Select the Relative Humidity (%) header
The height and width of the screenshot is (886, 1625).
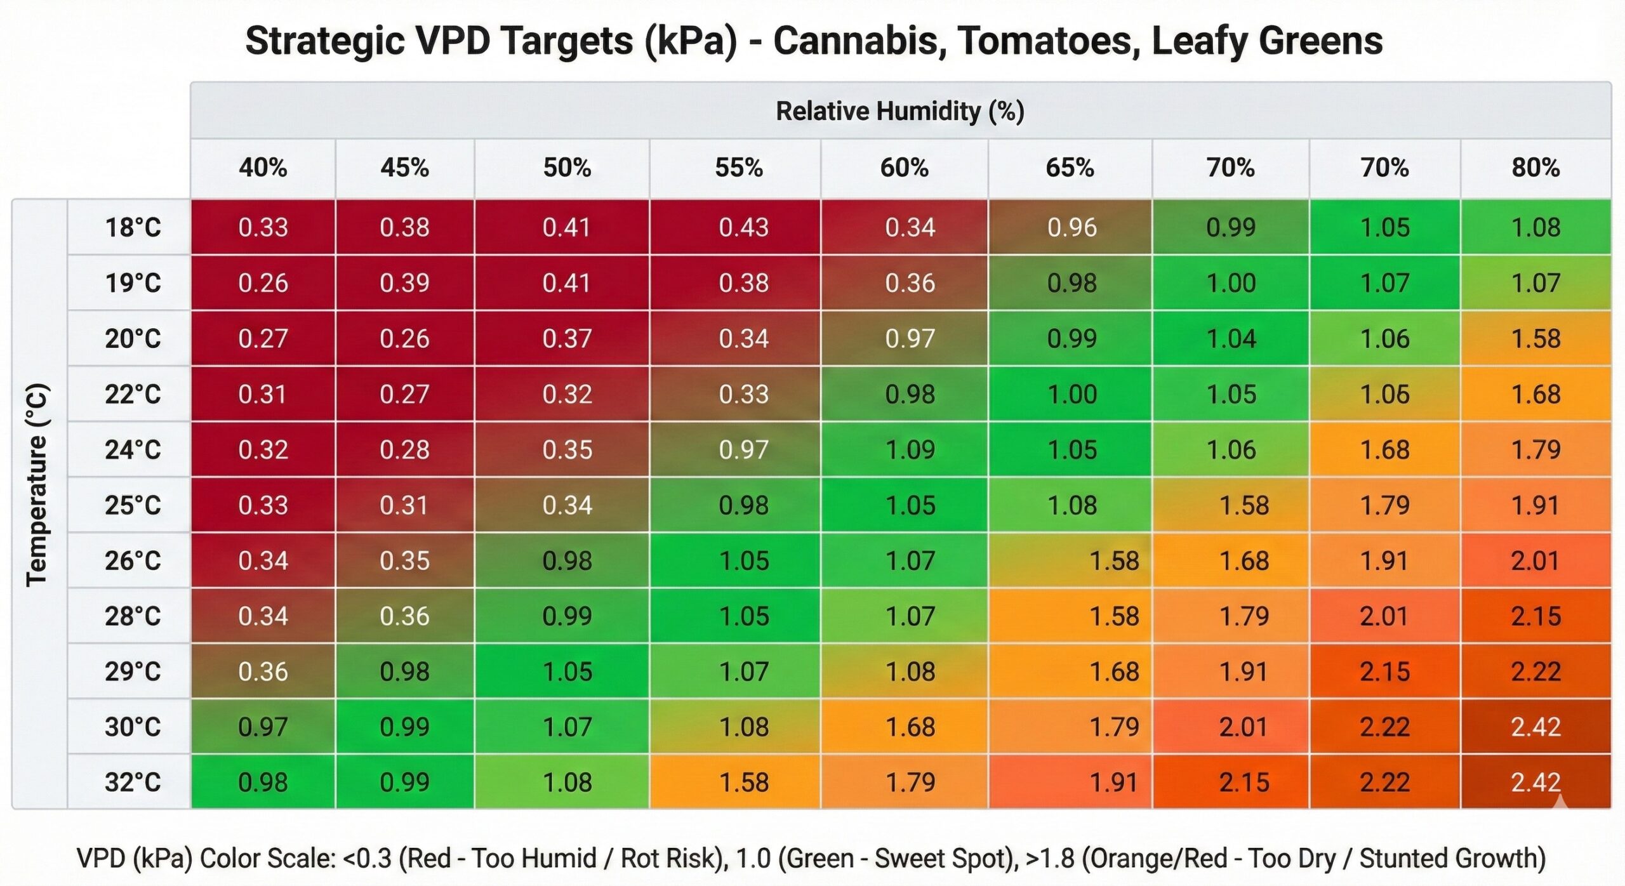click(899, 111)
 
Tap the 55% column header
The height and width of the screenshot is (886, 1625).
click(738, 168)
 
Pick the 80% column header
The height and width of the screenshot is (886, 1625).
click(1535, 168)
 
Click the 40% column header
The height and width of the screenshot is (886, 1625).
click(263, 168)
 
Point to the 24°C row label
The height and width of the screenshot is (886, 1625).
click(133, 449)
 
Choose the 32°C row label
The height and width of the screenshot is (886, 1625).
click(133, 782)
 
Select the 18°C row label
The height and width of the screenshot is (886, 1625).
click(133, 227)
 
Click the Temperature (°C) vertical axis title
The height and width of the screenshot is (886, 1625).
click(37, 485)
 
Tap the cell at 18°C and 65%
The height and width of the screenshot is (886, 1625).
click(1071, 227)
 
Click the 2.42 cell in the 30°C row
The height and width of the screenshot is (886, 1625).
click(1535, 727)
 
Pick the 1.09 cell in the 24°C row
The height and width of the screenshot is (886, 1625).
click(910, 449)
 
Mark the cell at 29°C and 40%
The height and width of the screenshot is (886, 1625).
click(263, 671)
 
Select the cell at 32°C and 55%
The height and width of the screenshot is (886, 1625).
click(743, 782)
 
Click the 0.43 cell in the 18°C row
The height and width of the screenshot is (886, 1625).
click(743, 227)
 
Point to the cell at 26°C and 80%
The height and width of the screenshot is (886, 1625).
click(1535, 560)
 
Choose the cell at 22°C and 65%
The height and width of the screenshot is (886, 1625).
click(1071, 394)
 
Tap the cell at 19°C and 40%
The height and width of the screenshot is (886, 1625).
click(263, 282)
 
